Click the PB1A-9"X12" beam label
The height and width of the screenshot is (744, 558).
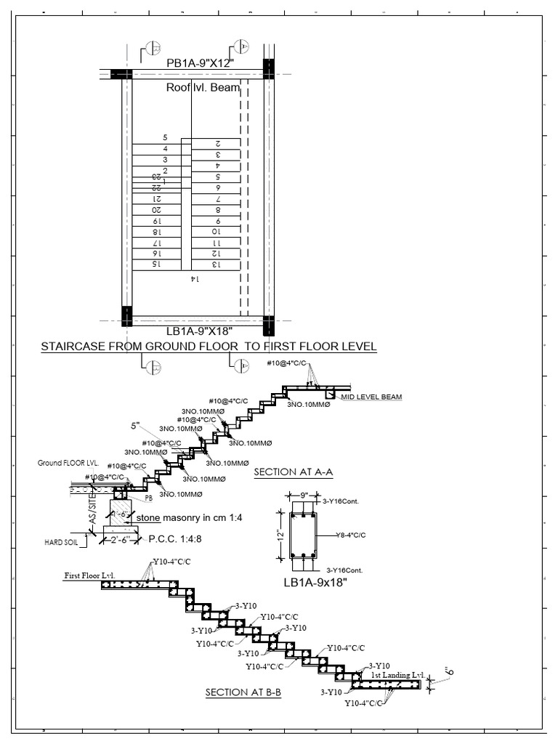coord(198,63)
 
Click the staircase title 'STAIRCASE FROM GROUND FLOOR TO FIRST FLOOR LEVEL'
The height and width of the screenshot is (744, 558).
coord(209,347)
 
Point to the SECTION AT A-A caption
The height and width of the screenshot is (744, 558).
coord(293,473)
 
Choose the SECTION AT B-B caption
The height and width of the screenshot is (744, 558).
coord(243,693)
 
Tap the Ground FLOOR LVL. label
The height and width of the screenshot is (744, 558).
coord(68,462)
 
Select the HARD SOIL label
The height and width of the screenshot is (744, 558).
coord(60,542)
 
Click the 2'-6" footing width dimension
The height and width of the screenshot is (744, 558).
coord(117,539)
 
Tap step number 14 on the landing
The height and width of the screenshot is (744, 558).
coord(194,279)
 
